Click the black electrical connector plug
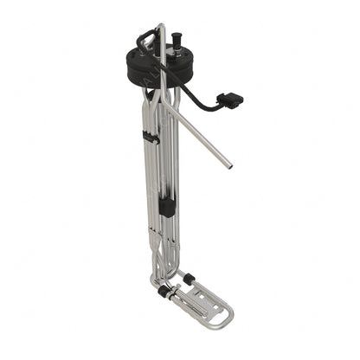(230, 100)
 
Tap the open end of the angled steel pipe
(228, 164)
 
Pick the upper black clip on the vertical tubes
(150, 136)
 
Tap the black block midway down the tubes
(167, 208)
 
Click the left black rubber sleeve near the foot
(161, 292)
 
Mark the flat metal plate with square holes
(200, 303)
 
